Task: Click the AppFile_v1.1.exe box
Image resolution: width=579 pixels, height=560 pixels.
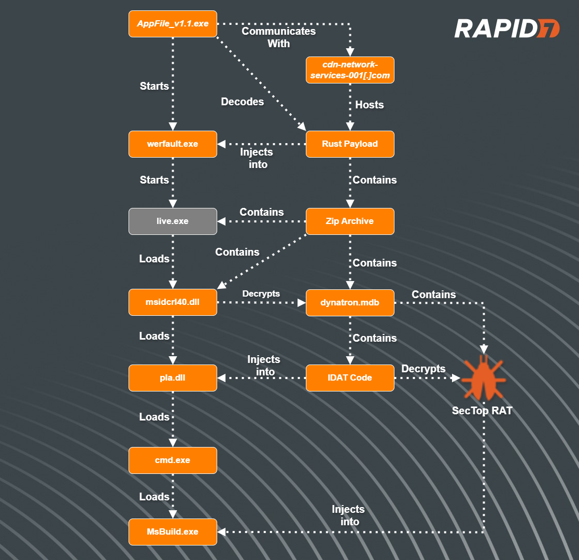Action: pyautogui.click(x=172, y=24)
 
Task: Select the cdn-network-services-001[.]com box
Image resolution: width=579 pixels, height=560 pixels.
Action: pyautogui.click(x=350, y=70)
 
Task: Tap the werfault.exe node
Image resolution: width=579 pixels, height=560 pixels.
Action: pyautogui.click(x=172, y=144)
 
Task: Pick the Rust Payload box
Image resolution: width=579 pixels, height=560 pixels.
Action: pyautogui.click(x=350, y=144)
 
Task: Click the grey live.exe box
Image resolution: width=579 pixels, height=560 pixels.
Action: pyautogui.click(x=172, y=221)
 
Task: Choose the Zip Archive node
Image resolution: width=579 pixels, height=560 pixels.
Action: pyautogui.click(x=350, y=221)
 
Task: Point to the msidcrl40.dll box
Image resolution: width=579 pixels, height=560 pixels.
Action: pyautogui.click(x=172, y=302)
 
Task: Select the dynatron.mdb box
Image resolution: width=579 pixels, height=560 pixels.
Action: pyautogui.click(x=350, y=302)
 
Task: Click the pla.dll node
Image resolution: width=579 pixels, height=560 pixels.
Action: pyautogui.click(x=172, y=377)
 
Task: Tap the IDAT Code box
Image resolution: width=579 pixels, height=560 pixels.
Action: pyautogui.click(x=350, y=377)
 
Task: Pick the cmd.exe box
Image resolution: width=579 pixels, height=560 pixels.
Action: pyautogui.click(x=172, y=460)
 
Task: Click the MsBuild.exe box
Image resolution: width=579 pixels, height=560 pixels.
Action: pyautogui.click(x=172, y=531)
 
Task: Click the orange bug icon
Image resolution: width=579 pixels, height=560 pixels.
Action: pyautogui.click(x=483, y=377)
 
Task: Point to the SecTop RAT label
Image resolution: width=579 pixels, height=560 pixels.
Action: pyautogui.click(x=482, y=411)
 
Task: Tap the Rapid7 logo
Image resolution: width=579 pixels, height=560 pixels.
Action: pyautogui.click(x=506, y=29)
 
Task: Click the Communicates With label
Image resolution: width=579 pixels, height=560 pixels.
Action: pyautogui.click(x=279, y=37)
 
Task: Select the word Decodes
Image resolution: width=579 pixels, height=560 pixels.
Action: pyautogui.click(x=243, y=102)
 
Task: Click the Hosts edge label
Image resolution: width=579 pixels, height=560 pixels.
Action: pyautogui.click(x=370, y=105)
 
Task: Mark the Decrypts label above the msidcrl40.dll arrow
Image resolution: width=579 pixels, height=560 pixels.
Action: pyautogui.click(x=261, y=293)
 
